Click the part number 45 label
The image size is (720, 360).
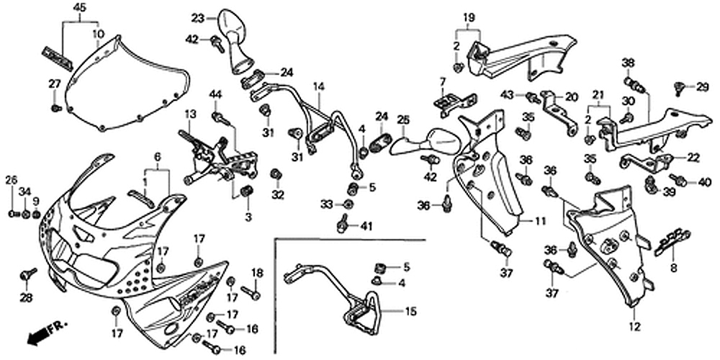click(x=79, y=7)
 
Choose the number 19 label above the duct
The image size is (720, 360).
click(x=468, y=16)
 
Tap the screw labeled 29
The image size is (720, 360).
click(x=678, y=88)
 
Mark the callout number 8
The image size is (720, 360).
click(x=674, y=267)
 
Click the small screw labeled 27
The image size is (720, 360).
click(x=56, y=107)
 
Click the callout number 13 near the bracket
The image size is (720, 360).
click(x=190, y=114)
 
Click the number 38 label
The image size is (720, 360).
click(x=628, y=62)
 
